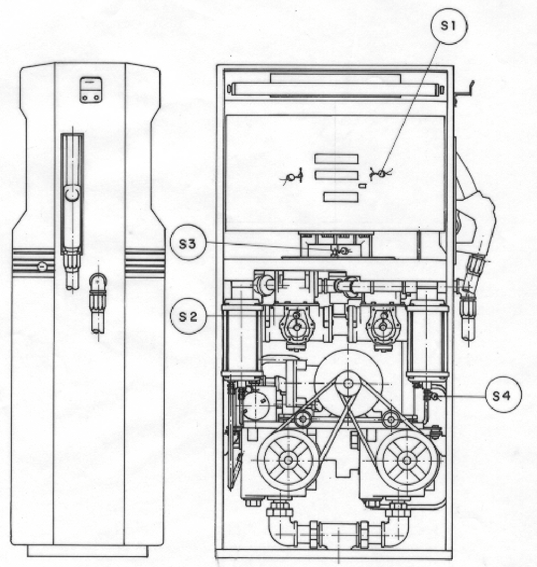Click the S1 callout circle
449,26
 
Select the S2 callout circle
188,316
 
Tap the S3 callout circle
187,243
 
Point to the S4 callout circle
503,395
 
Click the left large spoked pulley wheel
288,460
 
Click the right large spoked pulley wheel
407,460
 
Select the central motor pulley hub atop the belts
348,383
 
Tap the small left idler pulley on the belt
303,419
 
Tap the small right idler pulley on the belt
390,419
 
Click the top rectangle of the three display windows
336,159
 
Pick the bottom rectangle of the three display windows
341,197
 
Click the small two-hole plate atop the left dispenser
91,90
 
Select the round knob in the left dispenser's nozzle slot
72,193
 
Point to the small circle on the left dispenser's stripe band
42,267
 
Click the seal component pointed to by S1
380,174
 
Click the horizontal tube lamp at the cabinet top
336,89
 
